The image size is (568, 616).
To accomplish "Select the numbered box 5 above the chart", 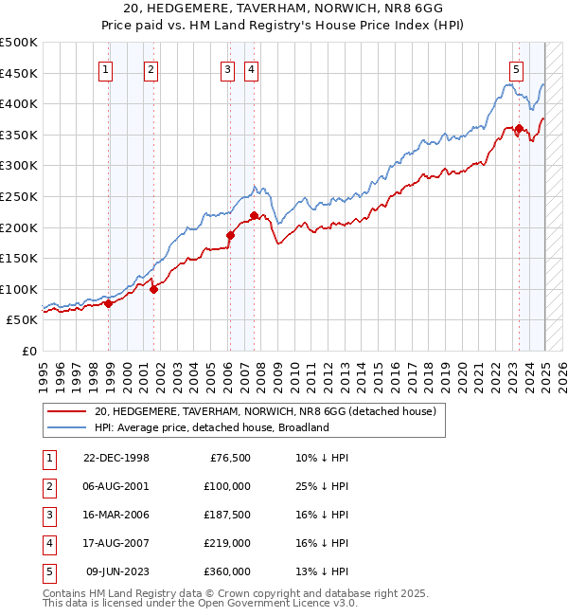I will point(516,68).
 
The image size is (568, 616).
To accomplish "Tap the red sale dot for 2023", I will point(519,129).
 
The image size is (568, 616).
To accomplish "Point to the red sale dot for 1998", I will point(109,303).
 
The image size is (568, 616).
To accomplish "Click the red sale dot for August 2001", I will point(153,289).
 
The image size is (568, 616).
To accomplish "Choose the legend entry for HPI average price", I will point(210,427).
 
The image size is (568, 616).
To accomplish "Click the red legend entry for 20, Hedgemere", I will point(264,411).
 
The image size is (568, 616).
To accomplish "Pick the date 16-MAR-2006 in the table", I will point(115,515).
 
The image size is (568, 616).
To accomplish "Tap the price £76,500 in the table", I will point(230,458).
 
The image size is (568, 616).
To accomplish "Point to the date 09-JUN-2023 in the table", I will point(117,571).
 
